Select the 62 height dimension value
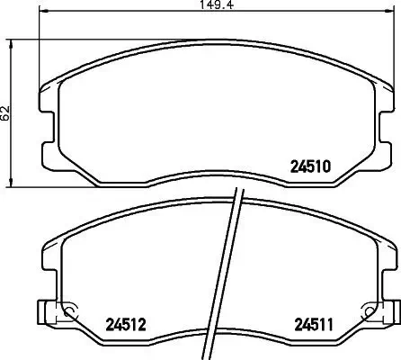pyautogui.click(x=6, y=112)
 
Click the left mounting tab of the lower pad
pyautogui.click(x=39, y=312)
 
